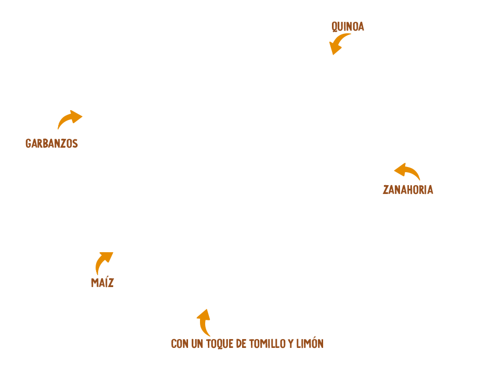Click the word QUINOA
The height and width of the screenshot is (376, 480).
point(348,26)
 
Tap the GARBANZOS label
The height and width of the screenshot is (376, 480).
point(51,143)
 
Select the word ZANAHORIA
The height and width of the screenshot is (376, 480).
point(407,189)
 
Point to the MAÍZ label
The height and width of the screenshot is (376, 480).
point(102,282)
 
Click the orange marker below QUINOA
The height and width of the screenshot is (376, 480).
point(338,44)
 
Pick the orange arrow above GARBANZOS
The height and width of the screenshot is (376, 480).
point(68,120)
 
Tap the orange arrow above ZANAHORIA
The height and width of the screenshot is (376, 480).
point(407,171)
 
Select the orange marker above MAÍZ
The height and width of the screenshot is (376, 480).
point(103,263)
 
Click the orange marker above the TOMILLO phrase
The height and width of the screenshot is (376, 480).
point(203,322)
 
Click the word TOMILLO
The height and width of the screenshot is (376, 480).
point(266,344)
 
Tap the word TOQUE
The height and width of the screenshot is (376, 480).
point(219,344)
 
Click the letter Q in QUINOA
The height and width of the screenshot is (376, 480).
point(335,26)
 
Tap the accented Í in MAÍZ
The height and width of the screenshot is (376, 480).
point(104,282)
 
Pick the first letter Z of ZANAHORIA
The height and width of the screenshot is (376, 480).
point(385,189)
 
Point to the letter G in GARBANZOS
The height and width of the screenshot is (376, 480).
point(28,143)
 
